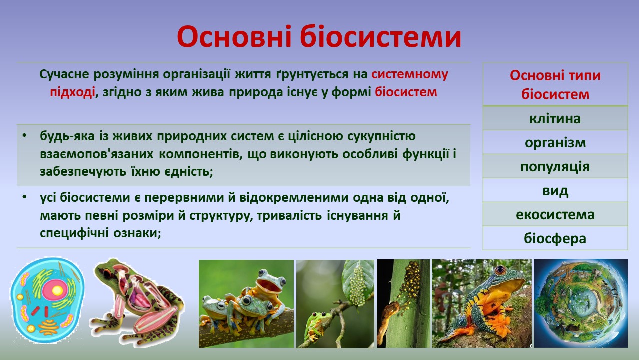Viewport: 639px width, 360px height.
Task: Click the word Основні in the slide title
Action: coord(234,37)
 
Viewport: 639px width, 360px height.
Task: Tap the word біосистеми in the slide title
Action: coord(381,37)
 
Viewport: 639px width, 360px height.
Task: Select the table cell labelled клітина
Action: coord(555,118)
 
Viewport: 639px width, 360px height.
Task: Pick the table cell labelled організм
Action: coord(555,142)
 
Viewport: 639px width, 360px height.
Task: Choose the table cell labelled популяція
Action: coord(555,166)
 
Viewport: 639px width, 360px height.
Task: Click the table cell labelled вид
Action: coord(555,190)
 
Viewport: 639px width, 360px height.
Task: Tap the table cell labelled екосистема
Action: coord(555,214)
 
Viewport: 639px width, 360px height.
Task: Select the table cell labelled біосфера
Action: coord(555,238)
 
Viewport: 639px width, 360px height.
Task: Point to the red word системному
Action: coord(410,74)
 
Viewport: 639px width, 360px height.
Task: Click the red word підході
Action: coord(72,92)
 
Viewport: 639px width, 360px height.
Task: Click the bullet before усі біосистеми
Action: coord(25,197)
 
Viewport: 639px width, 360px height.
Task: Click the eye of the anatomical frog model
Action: coord(107,274)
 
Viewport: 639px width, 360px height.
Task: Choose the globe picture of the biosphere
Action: coord(581,303)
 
